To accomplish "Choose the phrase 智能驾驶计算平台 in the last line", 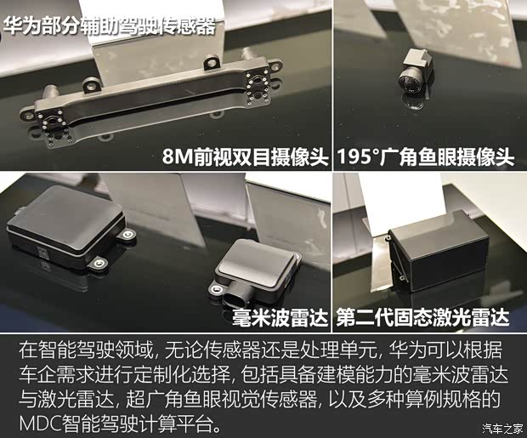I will [141, 423].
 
